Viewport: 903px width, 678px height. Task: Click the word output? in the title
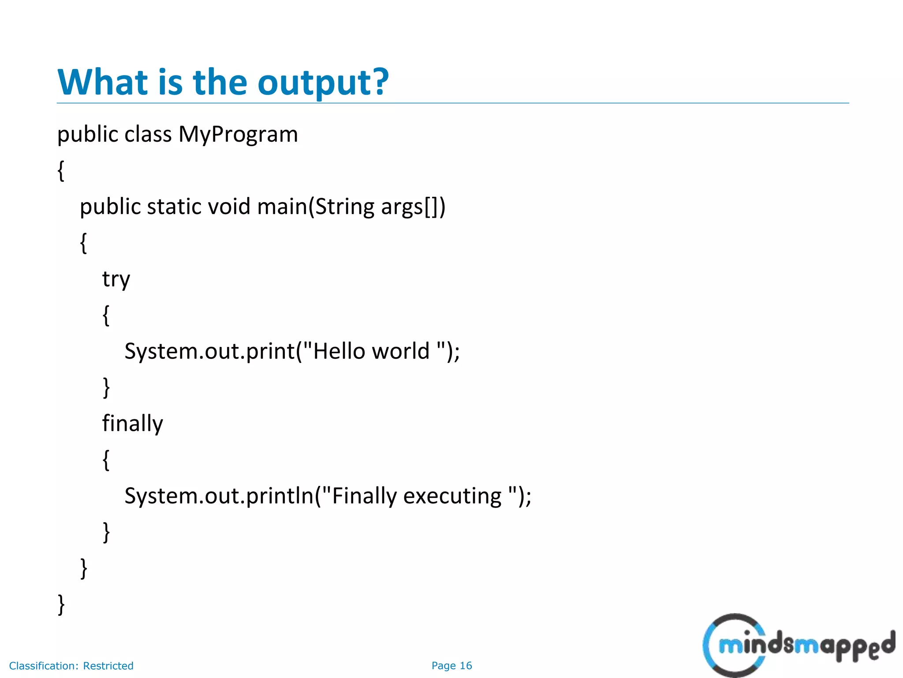pos(323,83)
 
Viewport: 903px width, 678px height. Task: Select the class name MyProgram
pos(238,134)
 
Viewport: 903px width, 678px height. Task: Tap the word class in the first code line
pos(148,134)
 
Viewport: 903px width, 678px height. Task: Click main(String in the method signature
pos(316,207)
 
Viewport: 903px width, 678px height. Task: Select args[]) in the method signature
pos(413,207)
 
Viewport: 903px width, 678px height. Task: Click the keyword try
pos(116,279)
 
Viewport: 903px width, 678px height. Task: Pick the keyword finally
pos(132,423)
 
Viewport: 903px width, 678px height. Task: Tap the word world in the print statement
pos(400,351)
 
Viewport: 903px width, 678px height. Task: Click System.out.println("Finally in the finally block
pos(261,496)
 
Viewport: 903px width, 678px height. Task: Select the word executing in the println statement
pos(452,496)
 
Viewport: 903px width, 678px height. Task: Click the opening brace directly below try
pos(106,315)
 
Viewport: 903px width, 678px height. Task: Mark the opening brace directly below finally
pos(106,460)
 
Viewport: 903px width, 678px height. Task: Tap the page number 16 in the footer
pos(466,666)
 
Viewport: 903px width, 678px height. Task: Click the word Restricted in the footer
pos(108,666)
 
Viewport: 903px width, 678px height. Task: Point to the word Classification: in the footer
pos(44,666)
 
